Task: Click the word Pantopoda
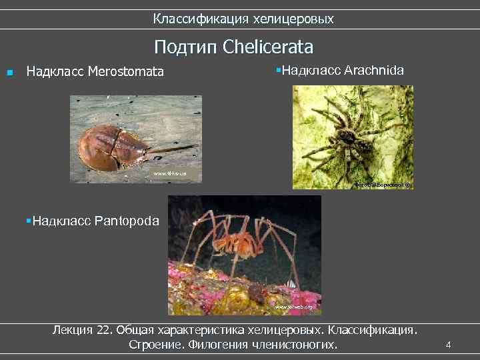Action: coord(127,220)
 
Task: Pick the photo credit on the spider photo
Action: coord(383,183)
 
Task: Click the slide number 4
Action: coord(448,345)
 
